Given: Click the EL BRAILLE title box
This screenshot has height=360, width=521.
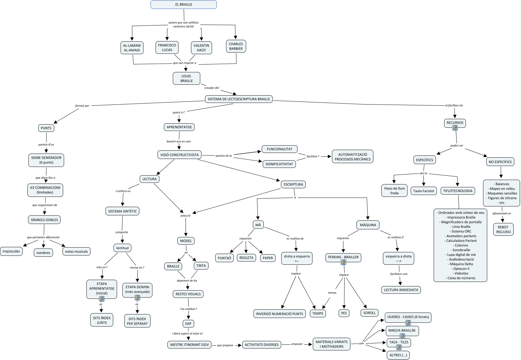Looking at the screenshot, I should pos(183,4).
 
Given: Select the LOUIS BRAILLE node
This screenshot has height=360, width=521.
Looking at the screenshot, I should pos(187,78).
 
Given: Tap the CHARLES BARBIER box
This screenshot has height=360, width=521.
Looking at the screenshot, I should pos(236,47).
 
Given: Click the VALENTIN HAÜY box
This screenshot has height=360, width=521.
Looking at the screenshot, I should pos(201,48).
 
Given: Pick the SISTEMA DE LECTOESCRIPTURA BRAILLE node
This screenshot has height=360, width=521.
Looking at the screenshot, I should pos(239,99).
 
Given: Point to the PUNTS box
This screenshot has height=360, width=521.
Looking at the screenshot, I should pos(46,128).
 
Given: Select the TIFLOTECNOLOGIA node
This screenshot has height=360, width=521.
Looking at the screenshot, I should pos(458,191).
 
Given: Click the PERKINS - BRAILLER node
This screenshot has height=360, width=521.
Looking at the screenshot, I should pos(343,257).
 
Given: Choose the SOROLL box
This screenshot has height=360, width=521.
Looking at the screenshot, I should pos(369,313).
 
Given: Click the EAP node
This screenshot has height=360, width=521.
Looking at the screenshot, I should pos(188,324).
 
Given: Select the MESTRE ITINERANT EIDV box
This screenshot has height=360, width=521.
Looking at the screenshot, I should pos(189,344).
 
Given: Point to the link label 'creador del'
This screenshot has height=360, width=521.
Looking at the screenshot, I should pos(211,88).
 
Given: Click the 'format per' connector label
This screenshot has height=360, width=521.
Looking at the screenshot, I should pos(82,106).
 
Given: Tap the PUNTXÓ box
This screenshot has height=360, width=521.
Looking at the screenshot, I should pos(224,258).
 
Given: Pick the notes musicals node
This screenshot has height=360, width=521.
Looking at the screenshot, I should pos(76,251).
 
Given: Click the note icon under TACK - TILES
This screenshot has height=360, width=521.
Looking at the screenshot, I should pos(399,347).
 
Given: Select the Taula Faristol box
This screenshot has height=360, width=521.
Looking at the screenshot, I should pos(423,191).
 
